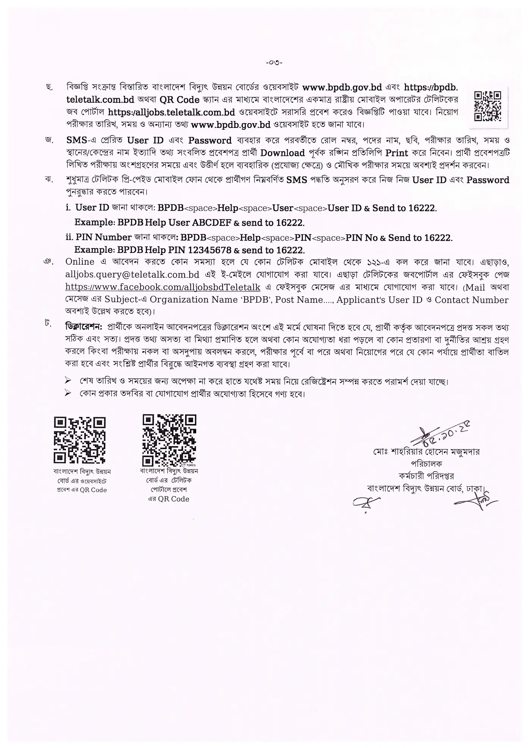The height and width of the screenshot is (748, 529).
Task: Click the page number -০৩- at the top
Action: click(x=274, y=63)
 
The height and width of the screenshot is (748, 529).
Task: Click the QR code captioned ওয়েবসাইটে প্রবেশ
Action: click(x=80, y=440)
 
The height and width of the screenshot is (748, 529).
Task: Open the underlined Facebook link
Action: click(x=163, y=287)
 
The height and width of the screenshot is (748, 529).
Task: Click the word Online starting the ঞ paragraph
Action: click(x=80, y=262)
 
